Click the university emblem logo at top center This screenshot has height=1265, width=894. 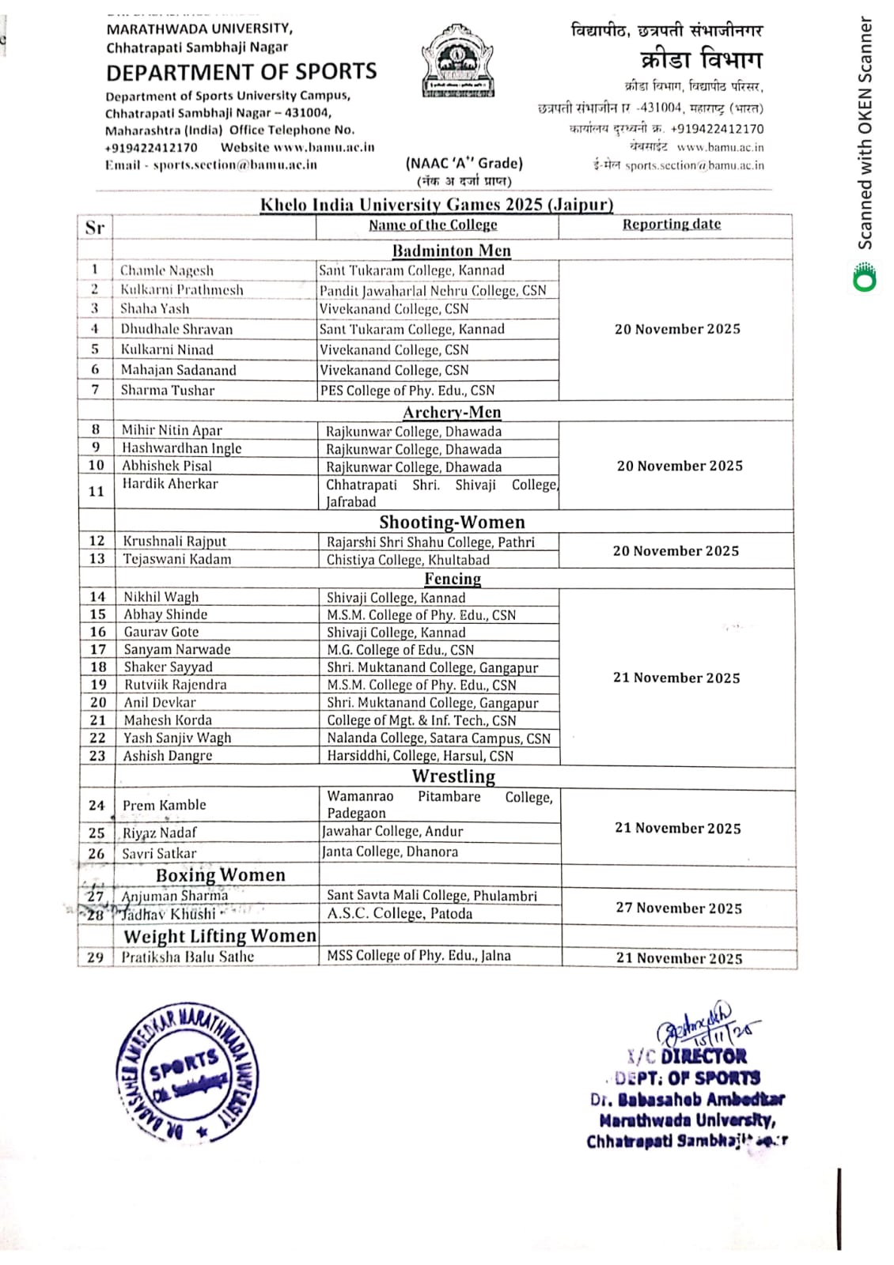(458, 62)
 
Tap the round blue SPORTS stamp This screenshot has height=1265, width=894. (187, 1074)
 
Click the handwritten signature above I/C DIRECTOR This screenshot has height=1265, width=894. (704, 1025)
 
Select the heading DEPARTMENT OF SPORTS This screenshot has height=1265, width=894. (241, 72)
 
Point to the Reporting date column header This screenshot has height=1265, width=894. (671, 224)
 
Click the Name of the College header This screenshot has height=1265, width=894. (433, 225)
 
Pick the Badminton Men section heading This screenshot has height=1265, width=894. (451, 251)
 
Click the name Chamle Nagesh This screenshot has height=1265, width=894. (166, 270)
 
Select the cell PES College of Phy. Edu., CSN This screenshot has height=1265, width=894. (407, 391)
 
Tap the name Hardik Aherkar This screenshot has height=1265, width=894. (169, 484)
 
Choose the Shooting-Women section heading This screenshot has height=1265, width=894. (452, 522)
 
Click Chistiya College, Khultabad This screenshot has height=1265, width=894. (407, 560)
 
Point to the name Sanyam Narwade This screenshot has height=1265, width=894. (176, 649)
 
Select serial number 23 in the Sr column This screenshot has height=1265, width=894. (97, 756)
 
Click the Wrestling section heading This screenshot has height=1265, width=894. (453, 776)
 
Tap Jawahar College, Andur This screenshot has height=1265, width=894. (392, 831)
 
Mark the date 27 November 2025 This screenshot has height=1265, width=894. (679, 908)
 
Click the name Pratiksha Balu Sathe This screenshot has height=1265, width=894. (188, 957)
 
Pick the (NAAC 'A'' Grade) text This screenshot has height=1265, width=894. (464, 164)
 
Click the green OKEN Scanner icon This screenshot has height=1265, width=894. (865, 278)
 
